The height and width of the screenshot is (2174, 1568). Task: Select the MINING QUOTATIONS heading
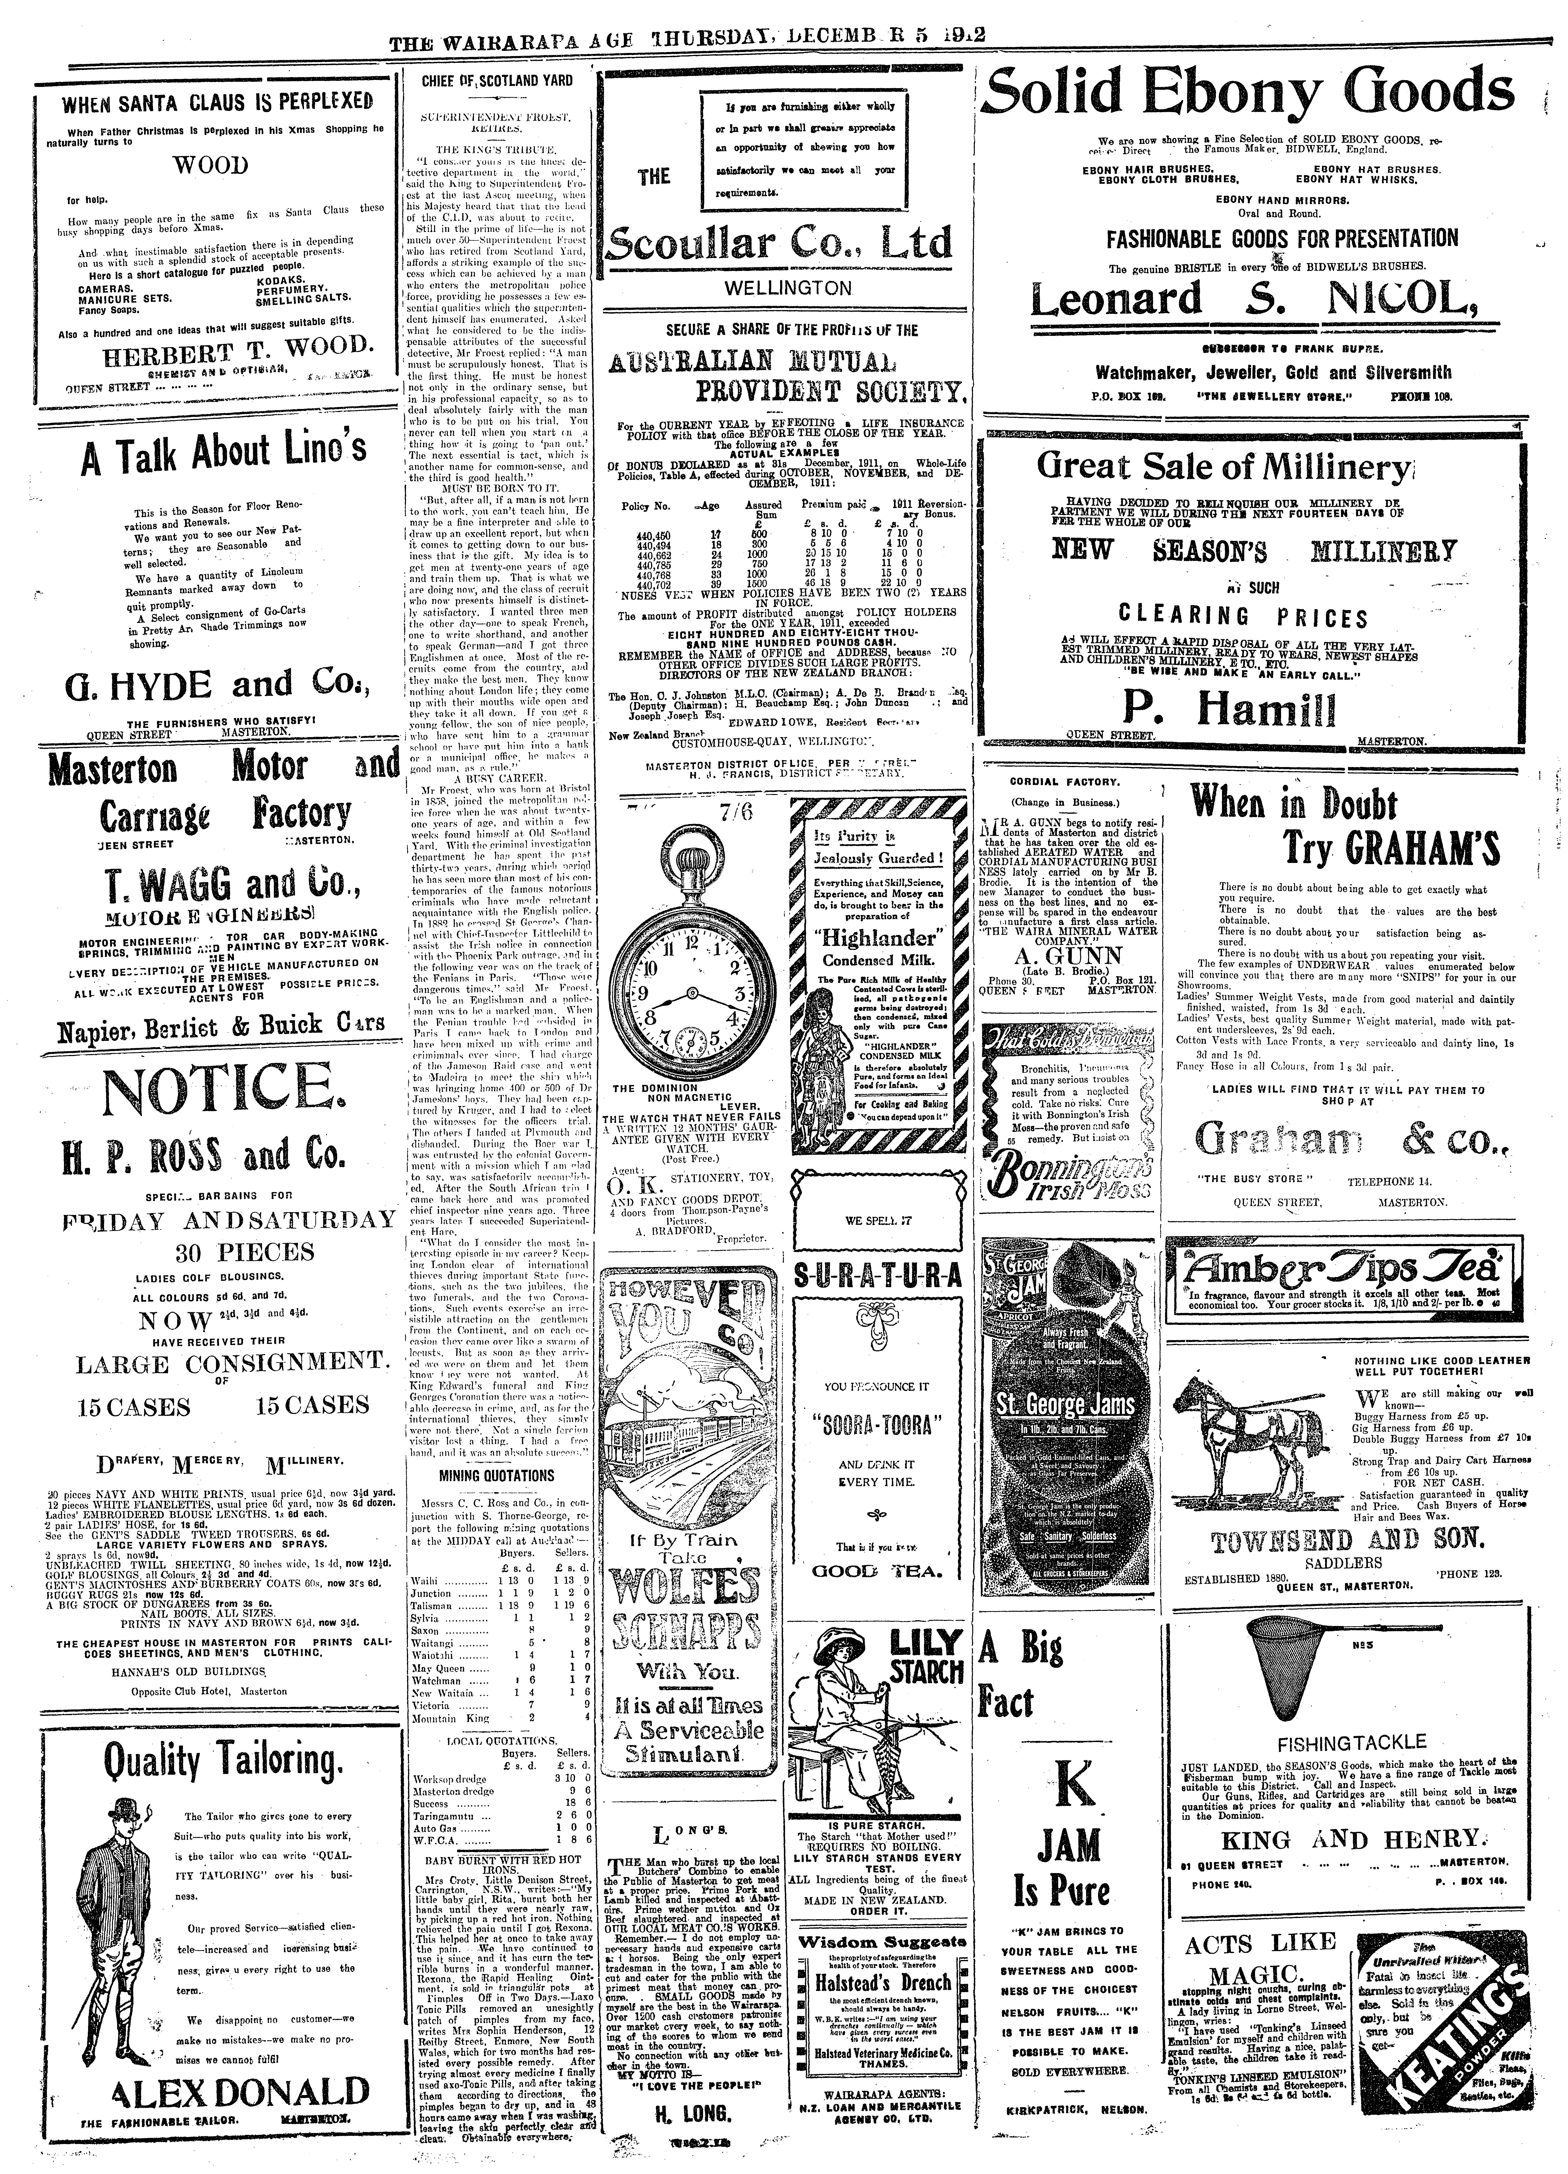[496, 1476]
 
